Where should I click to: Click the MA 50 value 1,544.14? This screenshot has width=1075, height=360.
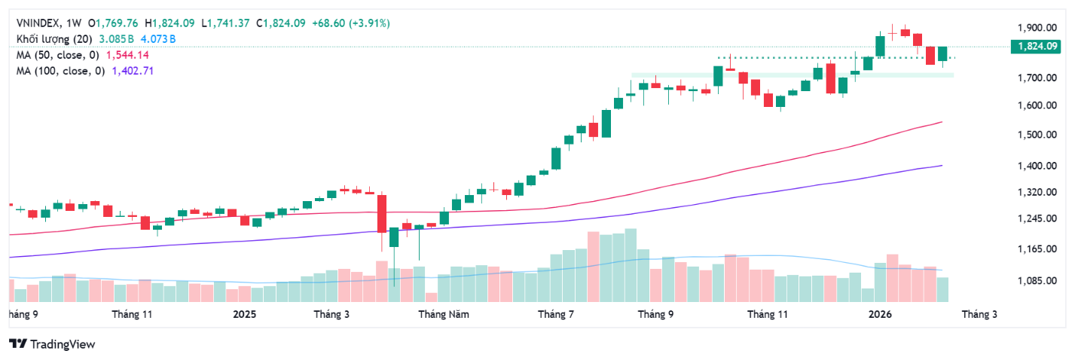127,55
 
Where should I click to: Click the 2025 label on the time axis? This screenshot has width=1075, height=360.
245,313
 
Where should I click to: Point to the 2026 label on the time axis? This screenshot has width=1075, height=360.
881,313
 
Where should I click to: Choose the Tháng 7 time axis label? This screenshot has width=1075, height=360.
553,313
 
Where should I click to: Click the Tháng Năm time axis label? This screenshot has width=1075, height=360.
444,313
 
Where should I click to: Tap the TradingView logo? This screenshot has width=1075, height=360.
52,344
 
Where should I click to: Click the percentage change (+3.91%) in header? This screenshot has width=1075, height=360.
366,23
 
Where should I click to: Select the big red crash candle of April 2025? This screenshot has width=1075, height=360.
382,214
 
